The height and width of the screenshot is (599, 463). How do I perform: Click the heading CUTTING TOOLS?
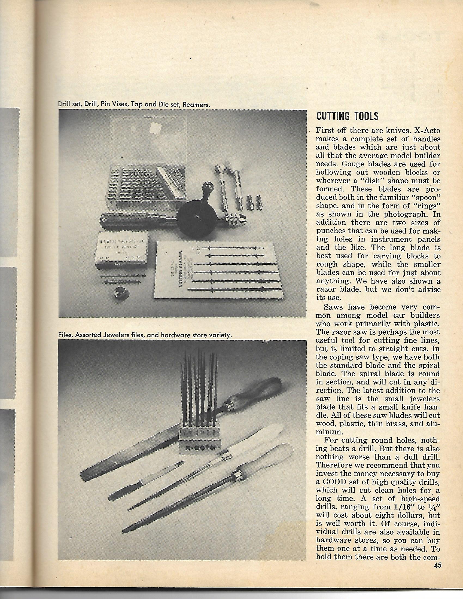click(347, 116)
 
